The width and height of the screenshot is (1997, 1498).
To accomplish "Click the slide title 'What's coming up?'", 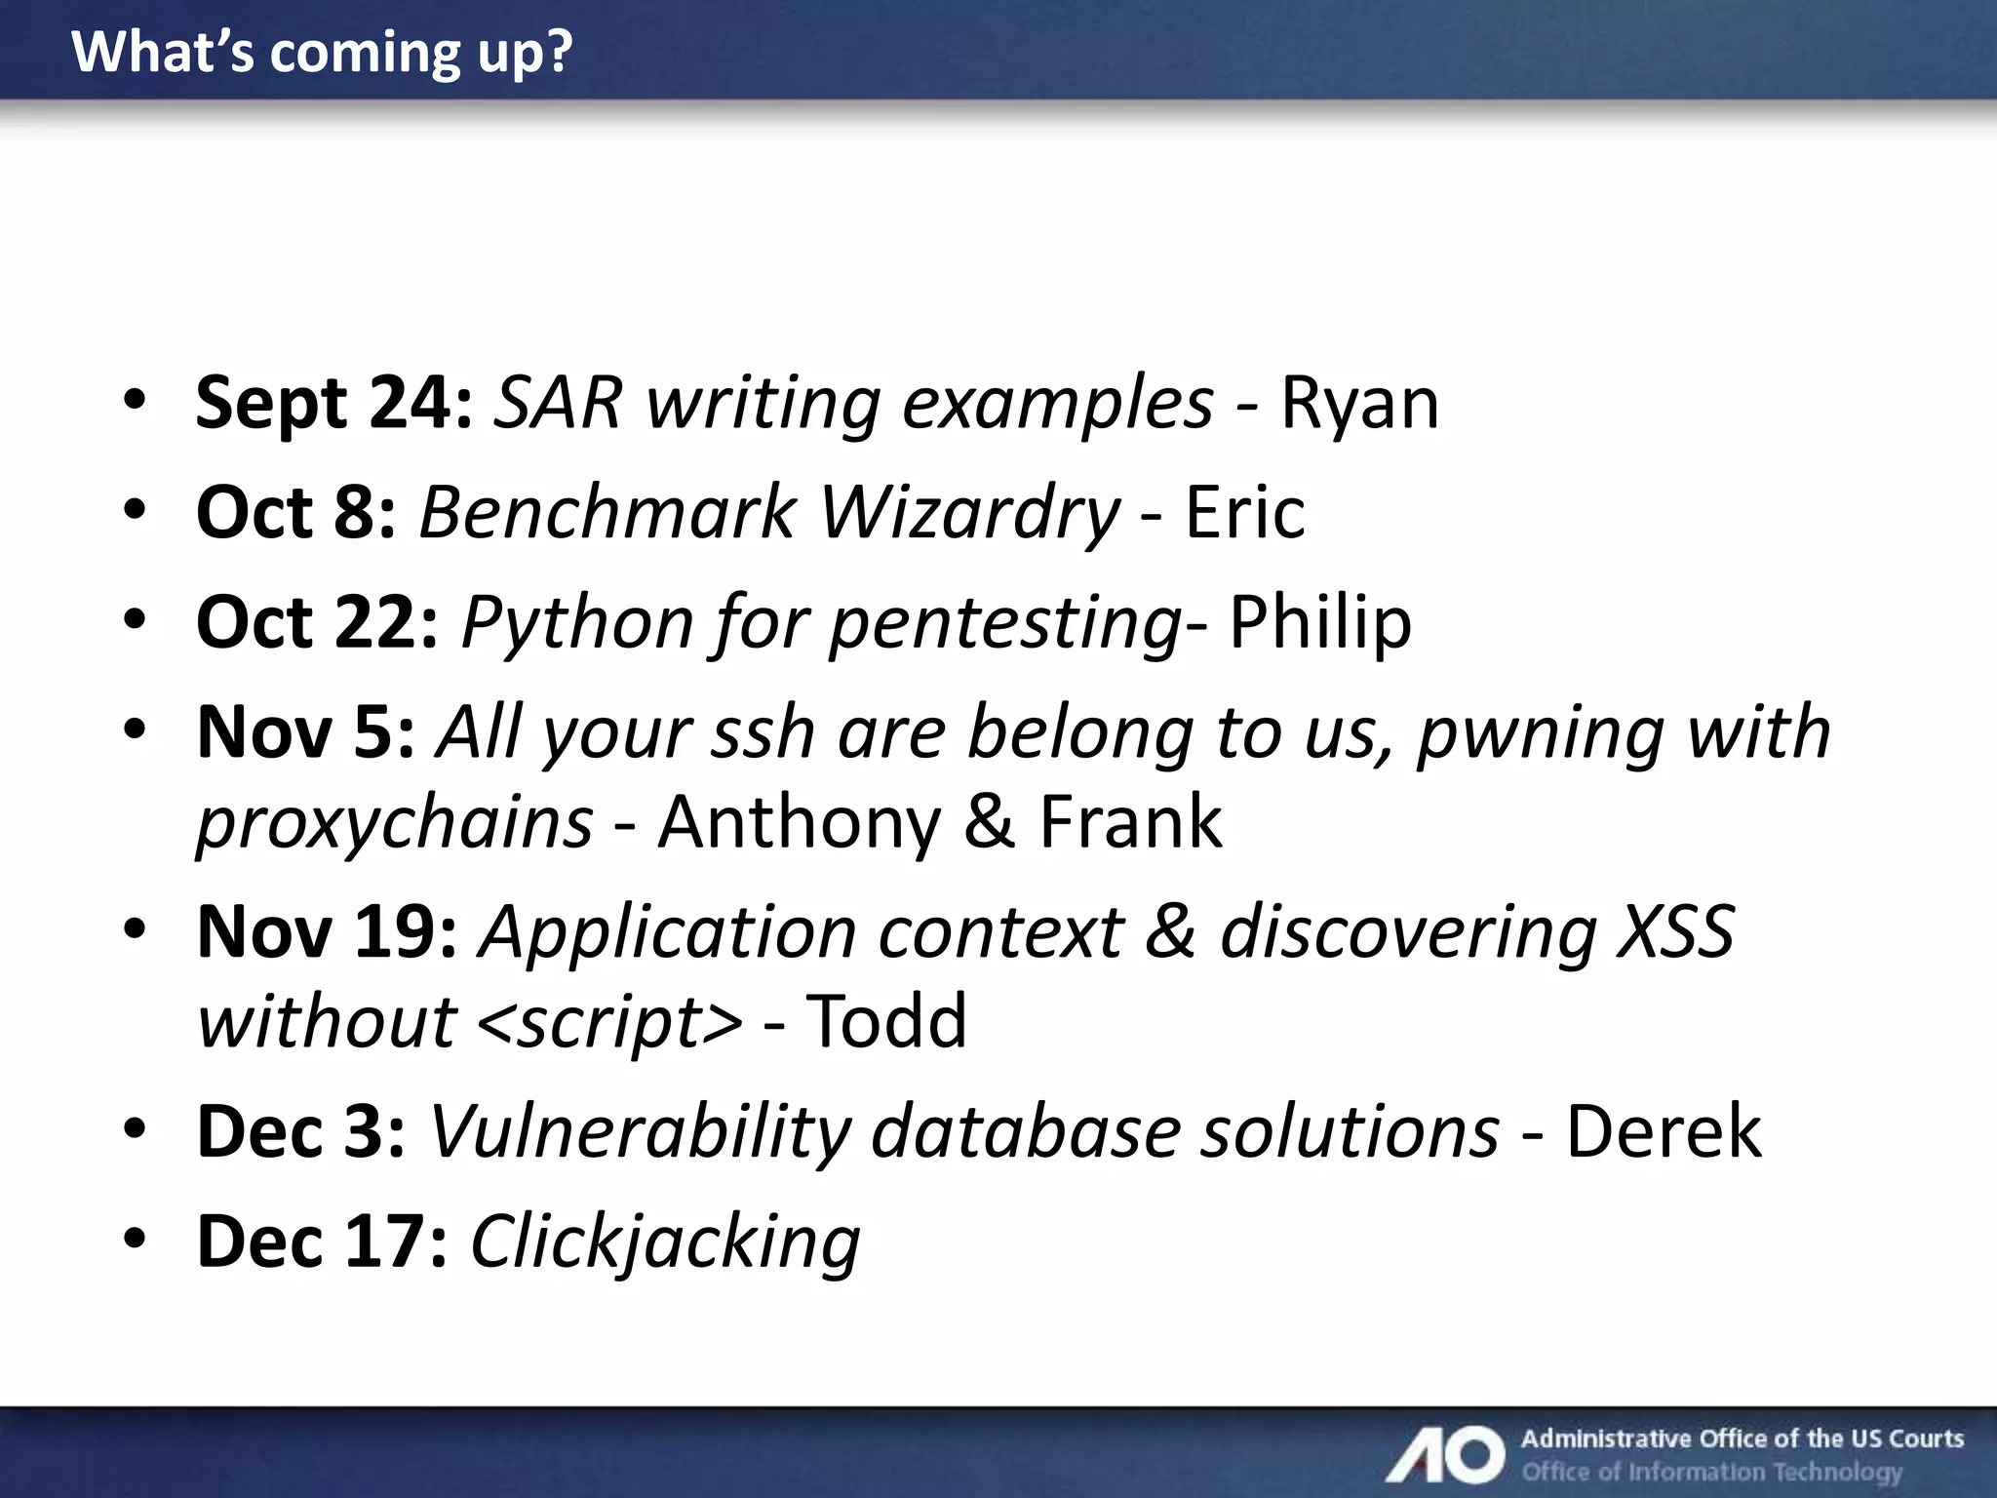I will click(x=322, y=53).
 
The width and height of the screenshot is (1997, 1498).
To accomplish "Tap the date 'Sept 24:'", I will click(x=334, y=403).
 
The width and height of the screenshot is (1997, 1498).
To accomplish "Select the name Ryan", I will click(x=1359, y=403).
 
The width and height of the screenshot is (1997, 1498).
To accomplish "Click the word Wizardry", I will click(x=969, y=513).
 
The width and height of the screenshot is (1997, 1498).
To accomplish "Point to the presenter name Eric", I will click(x=1244, y=513).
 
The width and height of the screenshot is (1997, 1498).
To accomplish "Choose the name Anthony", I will click(x=799, y=822).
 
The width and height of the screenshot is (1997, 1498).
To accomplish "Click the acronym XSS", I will click(x=1675, y=931).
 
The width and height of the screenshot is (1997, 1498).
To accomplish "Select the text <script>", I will click(x=611, y=1023).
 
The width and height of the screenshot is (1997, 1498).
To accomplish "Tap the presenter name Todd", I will click(x=886, y=1022).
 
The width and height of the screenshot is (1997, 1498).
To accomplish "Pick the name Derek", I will click(x=1664, y=1132).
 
